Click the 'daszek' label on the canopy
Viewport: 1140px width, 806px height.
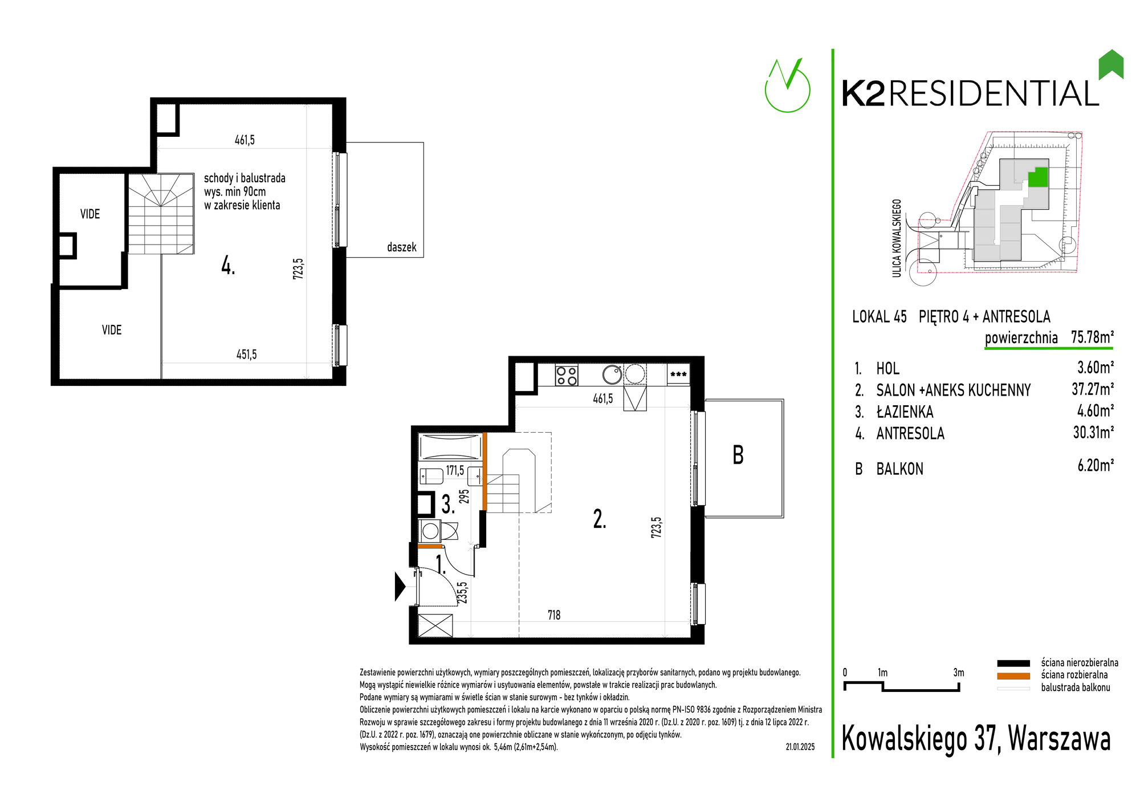(x=401, y=247)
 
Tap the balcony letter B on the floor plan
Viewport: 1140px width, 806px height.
(x=738, y=455)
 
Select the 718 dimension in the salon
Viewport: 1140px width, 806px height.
(x=554, y=615)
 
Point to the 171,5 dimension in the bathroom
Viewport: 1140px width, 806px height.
(x=455, y=471)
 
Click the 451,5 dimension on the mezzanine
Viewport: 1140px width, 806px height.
(x=246, y=355)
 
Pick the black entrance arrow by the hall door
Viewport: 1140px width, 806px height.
(x=400, y=586)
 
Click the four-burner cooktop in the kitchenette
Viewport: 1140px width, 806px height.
(x=567, y=375)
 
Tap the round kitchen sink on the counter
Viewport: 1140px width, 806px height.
(x=613, y=374)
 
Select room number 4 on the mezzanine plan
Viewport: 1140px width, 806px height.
(x=228, y=266)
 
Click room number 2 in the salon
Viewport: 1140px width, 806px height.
(x=600, y=519)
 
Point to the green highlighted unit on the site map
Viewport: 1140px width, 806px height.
(x=1038, y=177)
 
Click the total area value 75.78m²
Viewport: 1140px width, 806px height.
(x=1092, y=337)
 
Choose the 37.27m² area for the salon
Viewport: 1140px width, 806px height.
(x=1093, y=389)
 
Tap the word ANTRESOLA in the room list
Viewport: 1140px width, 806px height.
(x=910, y=434)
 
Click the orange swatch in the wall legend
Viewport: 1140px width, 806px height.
(x=1013, y=676)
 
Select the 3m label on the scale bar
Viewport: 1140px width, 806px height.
(x=959, y=673)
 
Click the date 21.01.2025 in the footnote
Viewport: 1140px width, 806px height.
(x=800, y=747)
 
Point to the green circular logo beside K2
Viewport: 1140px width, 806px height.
(x=787, y=86)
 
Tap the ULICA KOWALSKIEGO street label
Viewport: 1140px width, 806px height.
(x=897, y=238)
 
